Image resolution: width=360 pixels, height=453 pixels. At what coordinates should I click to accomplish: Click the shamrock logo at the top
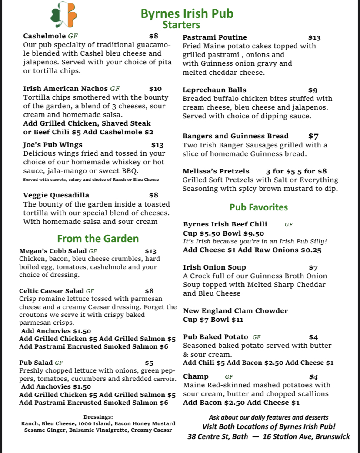coord(63,15)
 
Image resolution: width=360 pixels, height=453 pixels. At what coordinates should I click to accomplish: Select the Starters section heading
coord(181,25)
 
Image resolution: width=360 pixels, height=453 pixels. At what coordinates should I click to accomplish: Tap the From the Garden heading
coord(98,239)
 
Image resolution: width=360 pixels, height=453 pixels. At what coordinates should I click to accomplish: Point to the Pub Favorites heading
coord(258,207)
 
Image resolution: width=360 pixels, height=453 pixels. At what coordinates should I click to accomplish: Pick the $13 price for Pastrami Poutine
coord(314,38)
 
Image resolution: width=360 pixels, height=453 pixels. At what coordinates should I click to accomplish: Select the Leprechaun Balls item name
coord(214,90)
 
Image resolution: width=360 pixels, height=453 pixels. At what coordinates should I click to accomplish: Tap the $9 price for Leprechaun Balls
coord(313,90)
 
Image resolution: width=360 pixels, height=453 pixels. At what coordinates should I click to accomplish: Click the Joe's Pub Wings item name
coord(53,145)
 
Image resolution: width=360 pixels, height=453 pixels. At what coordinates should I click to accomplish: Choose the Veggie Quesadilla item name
coord(56,195)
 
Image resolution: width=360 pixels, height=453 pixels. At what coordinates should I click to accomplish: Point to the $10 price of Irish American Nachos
coord(155,89)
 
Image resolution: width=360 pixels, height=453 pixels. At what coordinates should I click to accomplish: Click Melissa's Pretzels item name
coord(216,171)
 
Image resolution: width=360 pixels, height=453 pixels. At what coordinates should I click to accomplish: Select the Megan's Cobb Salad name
coord(53,251)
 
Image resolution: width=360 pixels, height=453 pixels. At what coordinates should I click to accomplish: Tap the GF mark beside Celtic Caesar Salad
coord(90,291)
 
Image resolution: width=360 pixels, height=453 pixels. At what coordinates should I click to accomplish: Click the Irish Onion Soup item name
coord(214,267)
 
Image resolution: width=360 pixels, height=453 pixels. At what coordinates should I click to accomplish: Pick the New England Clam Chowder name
coord(235,311)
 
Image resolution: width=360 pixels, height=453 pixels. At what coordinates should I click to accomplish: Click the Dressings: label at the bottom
coord(98,416)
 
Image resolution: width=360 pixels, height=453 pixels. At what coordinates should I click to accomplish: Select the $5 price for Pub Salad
coord(149,363)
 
